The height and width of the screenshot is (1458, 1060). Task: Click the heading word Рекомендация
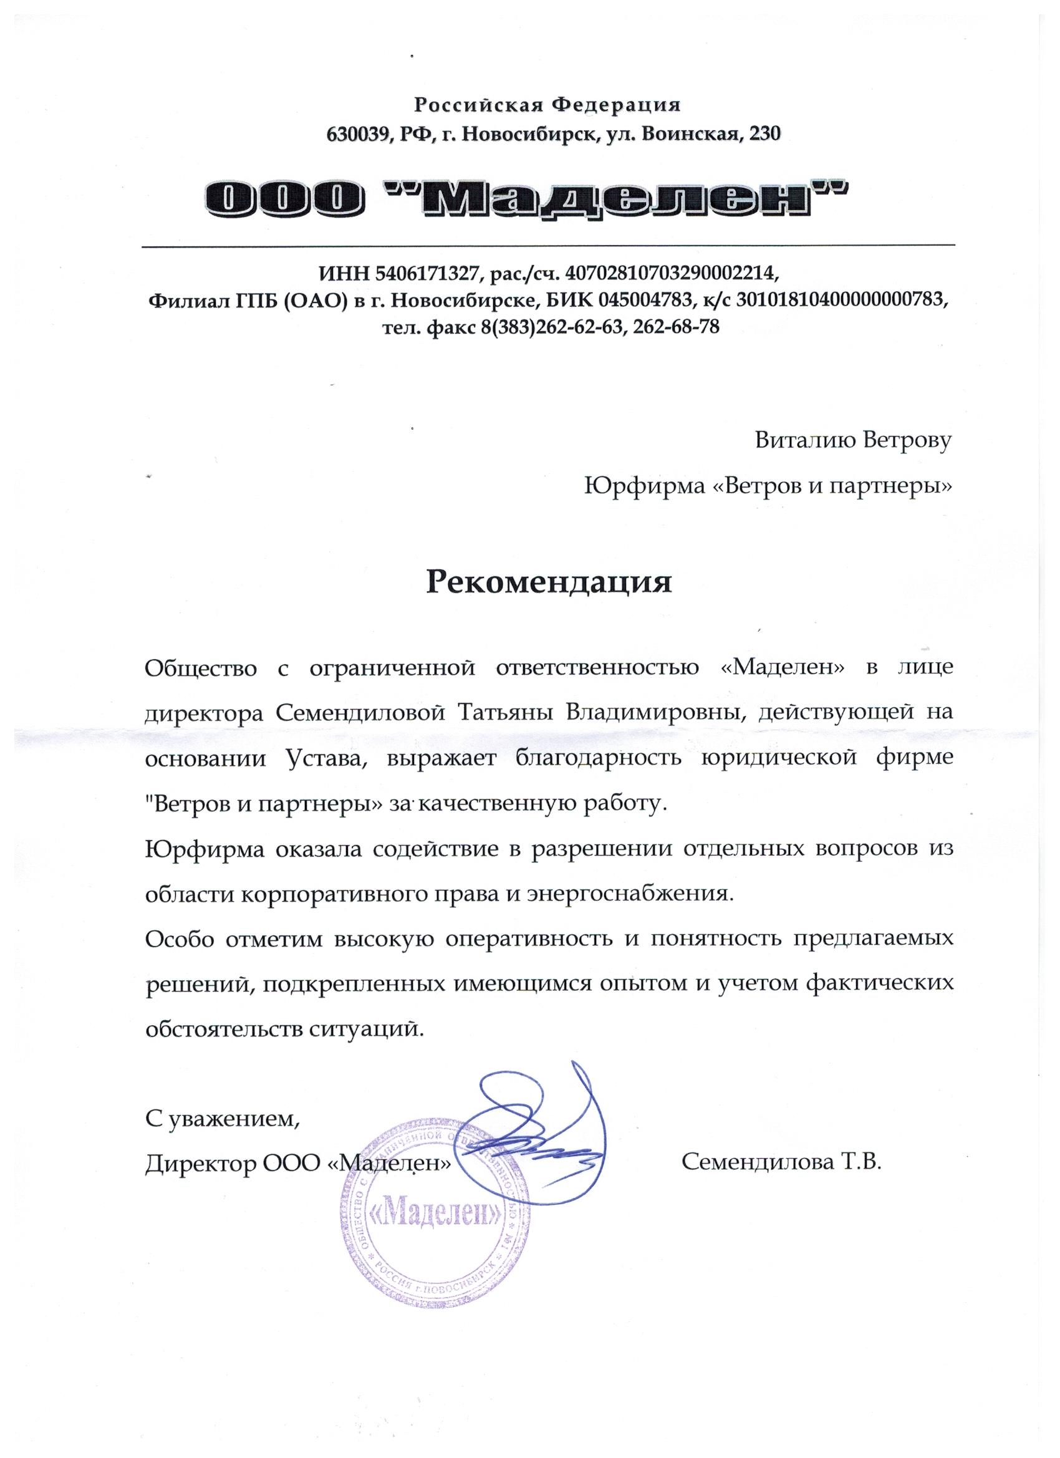(549, 582)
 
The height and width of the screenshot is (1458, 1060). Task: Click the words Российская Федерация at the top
(547, 104)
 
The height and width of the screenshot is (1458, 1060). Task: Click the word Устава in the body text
(323, 758)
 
